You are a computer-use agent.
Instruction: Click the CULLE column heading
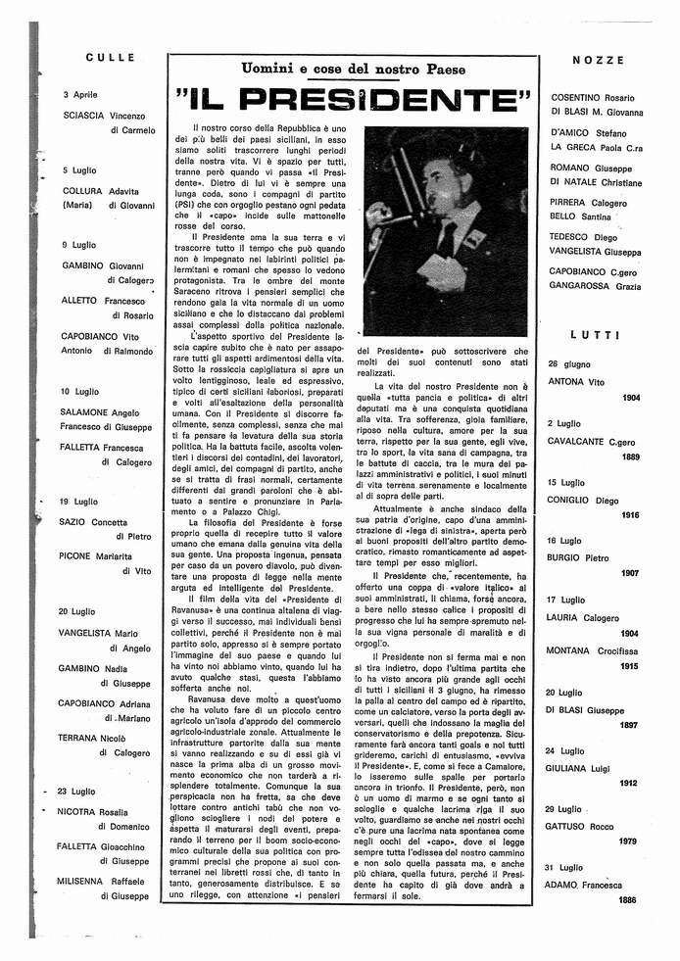(x=110, y=58)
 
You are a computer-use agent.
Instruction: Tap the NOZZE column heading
(x=596, y=61)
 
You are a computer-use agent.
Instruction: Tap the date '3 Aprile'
(x=80, y=96)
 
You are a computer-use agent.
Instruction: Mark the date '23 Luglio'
(x=77, y=791)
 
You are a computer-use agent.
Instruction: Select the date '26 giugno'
(x=569, y=362)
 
